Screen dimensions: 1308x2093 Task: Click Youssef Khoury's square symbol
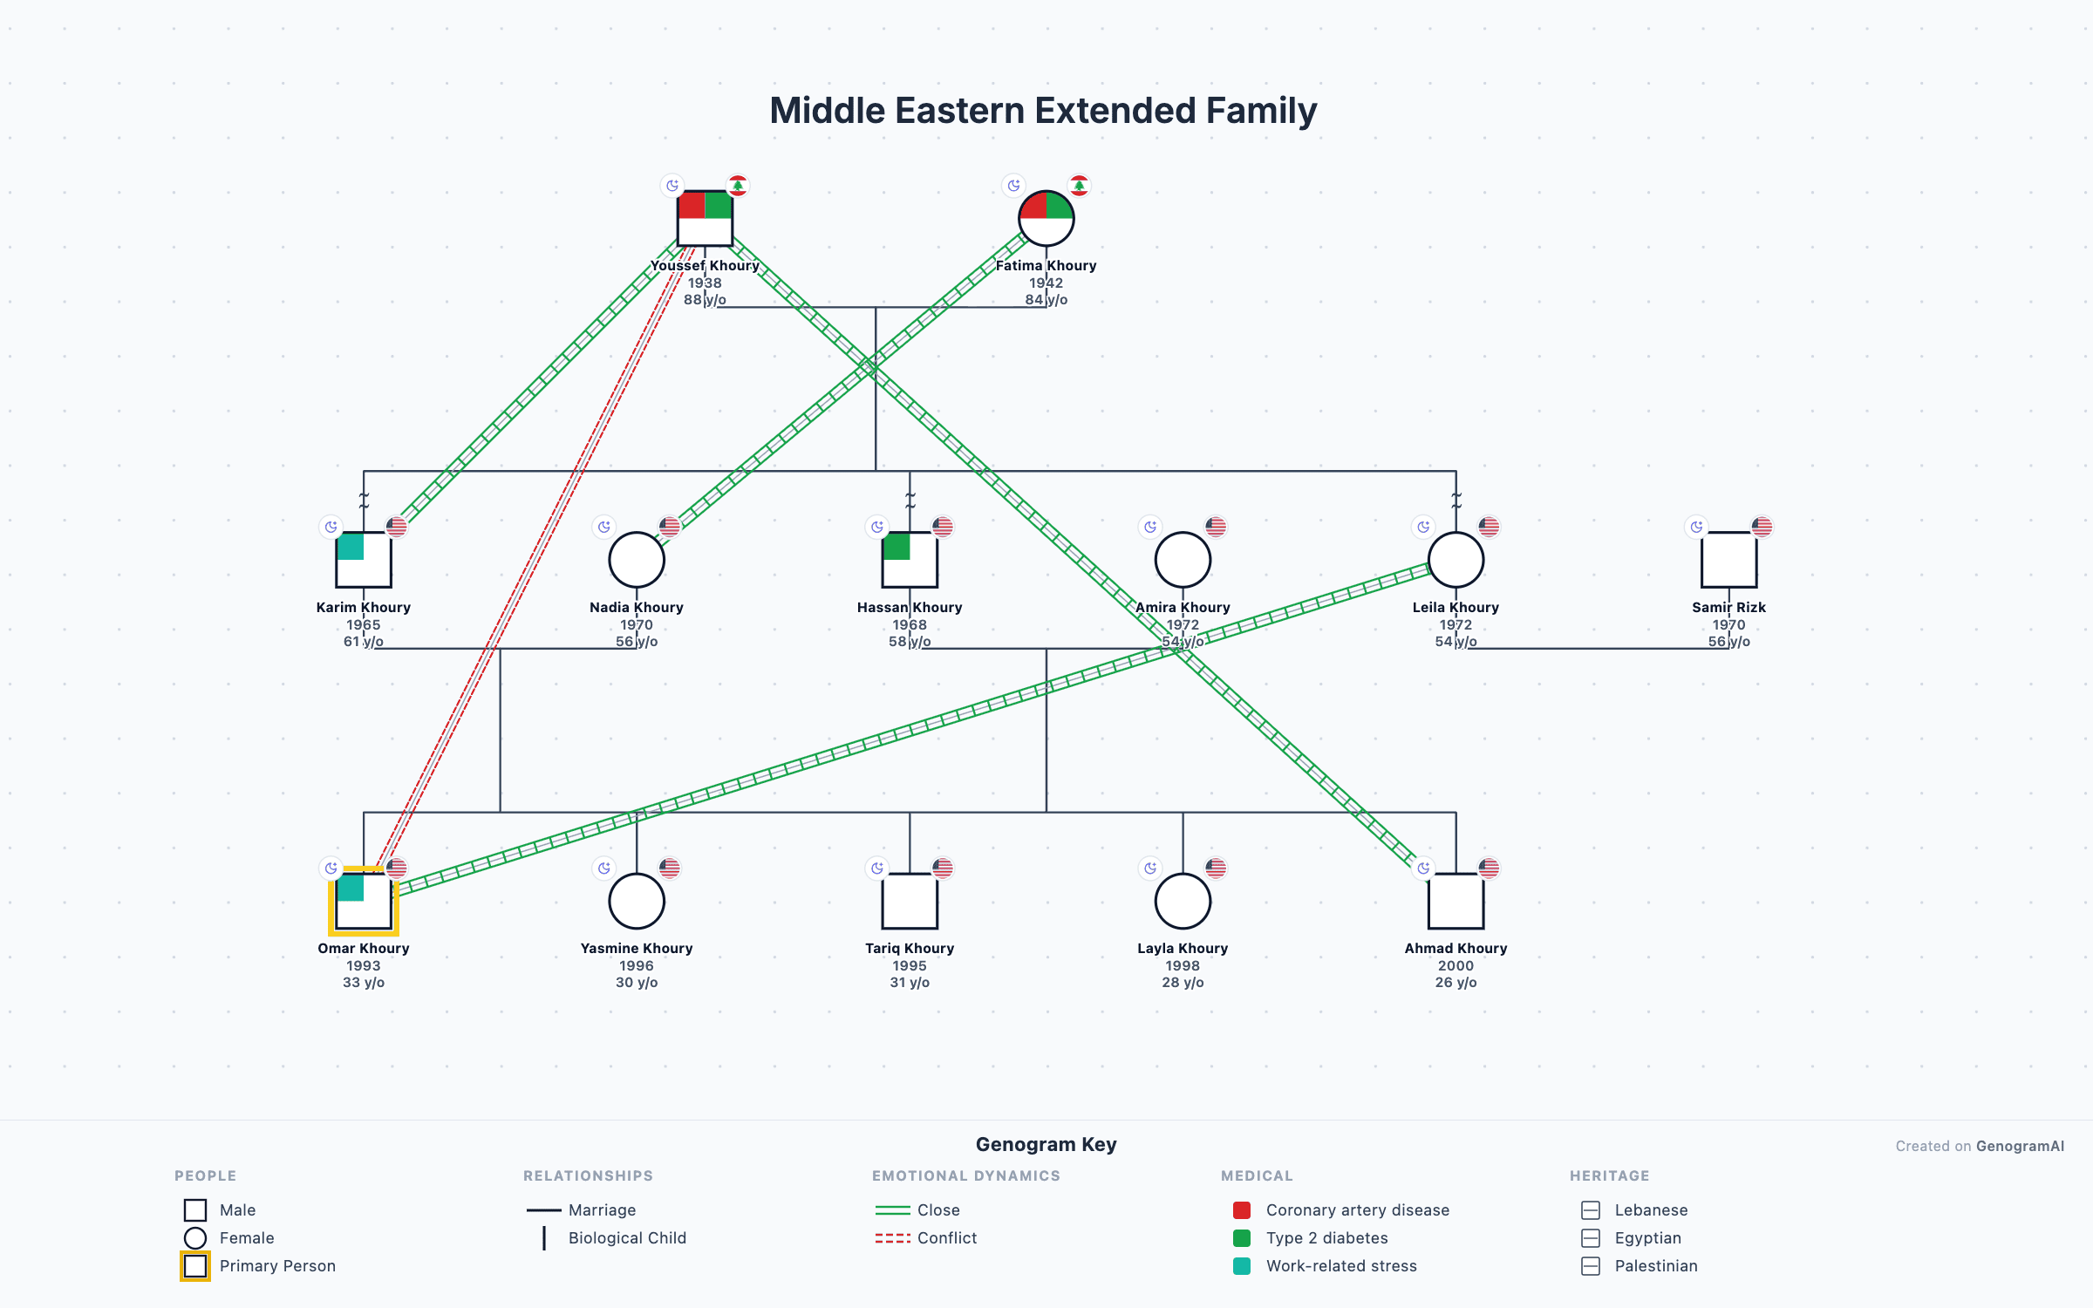coord(705,218)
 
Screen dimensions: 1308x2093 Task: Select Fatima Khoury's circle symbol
coord(1046,218)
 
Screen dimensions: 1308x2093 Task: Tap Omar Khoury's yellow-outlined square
coord(364,901)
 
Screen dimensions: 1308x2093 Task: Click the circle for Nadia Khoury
coord(637,560)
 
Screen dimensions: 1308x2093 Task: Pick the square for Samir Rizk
coord(1728,560)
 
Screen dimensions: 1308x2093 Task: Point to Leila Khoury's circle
coord(1456,560)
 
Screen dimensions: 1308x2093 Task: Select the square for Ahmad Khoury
coord(1456,901)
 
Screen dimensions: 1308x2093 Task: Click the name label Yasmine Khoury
coord(637,948)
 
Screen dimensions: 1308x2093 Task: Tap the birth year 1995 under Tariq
coord(910,965)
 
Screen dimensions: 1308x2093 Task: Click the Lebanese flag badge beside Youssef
coord(738,186)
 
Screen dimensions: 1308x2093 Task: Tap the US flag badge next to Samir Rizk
coord(1762,527)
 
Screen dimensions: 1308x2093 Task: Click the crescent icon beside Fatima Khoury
coord(1013,186)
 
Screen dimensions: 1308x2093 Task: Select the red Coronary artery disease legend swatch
coord(1242,1210)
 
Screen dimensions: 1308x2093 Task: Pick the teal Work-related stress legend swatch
coord(1242,1266)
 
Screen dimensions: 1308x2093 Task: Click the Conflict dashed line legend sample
coord(892,1238)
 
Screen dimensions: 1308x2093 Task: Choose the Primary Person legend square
coord(195,1266)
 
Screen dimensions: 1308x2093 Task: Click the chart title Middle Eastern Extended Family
coord(1043,111)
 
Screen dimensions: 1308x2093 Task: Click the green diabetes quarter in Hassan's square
coord(897,547)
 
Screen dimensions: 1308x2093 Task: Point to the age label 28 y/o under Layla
coord(1183,982)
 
